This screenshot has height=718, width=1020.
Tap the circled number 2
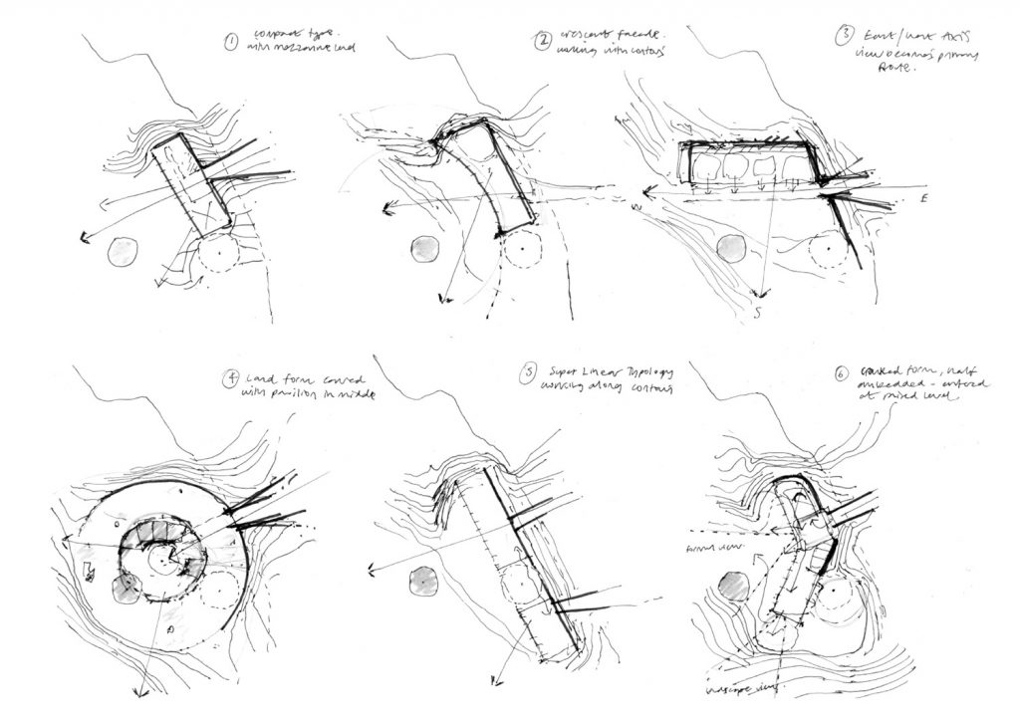pos(543,41)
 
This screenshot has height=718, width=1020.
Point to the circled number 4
pos(231,377)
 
